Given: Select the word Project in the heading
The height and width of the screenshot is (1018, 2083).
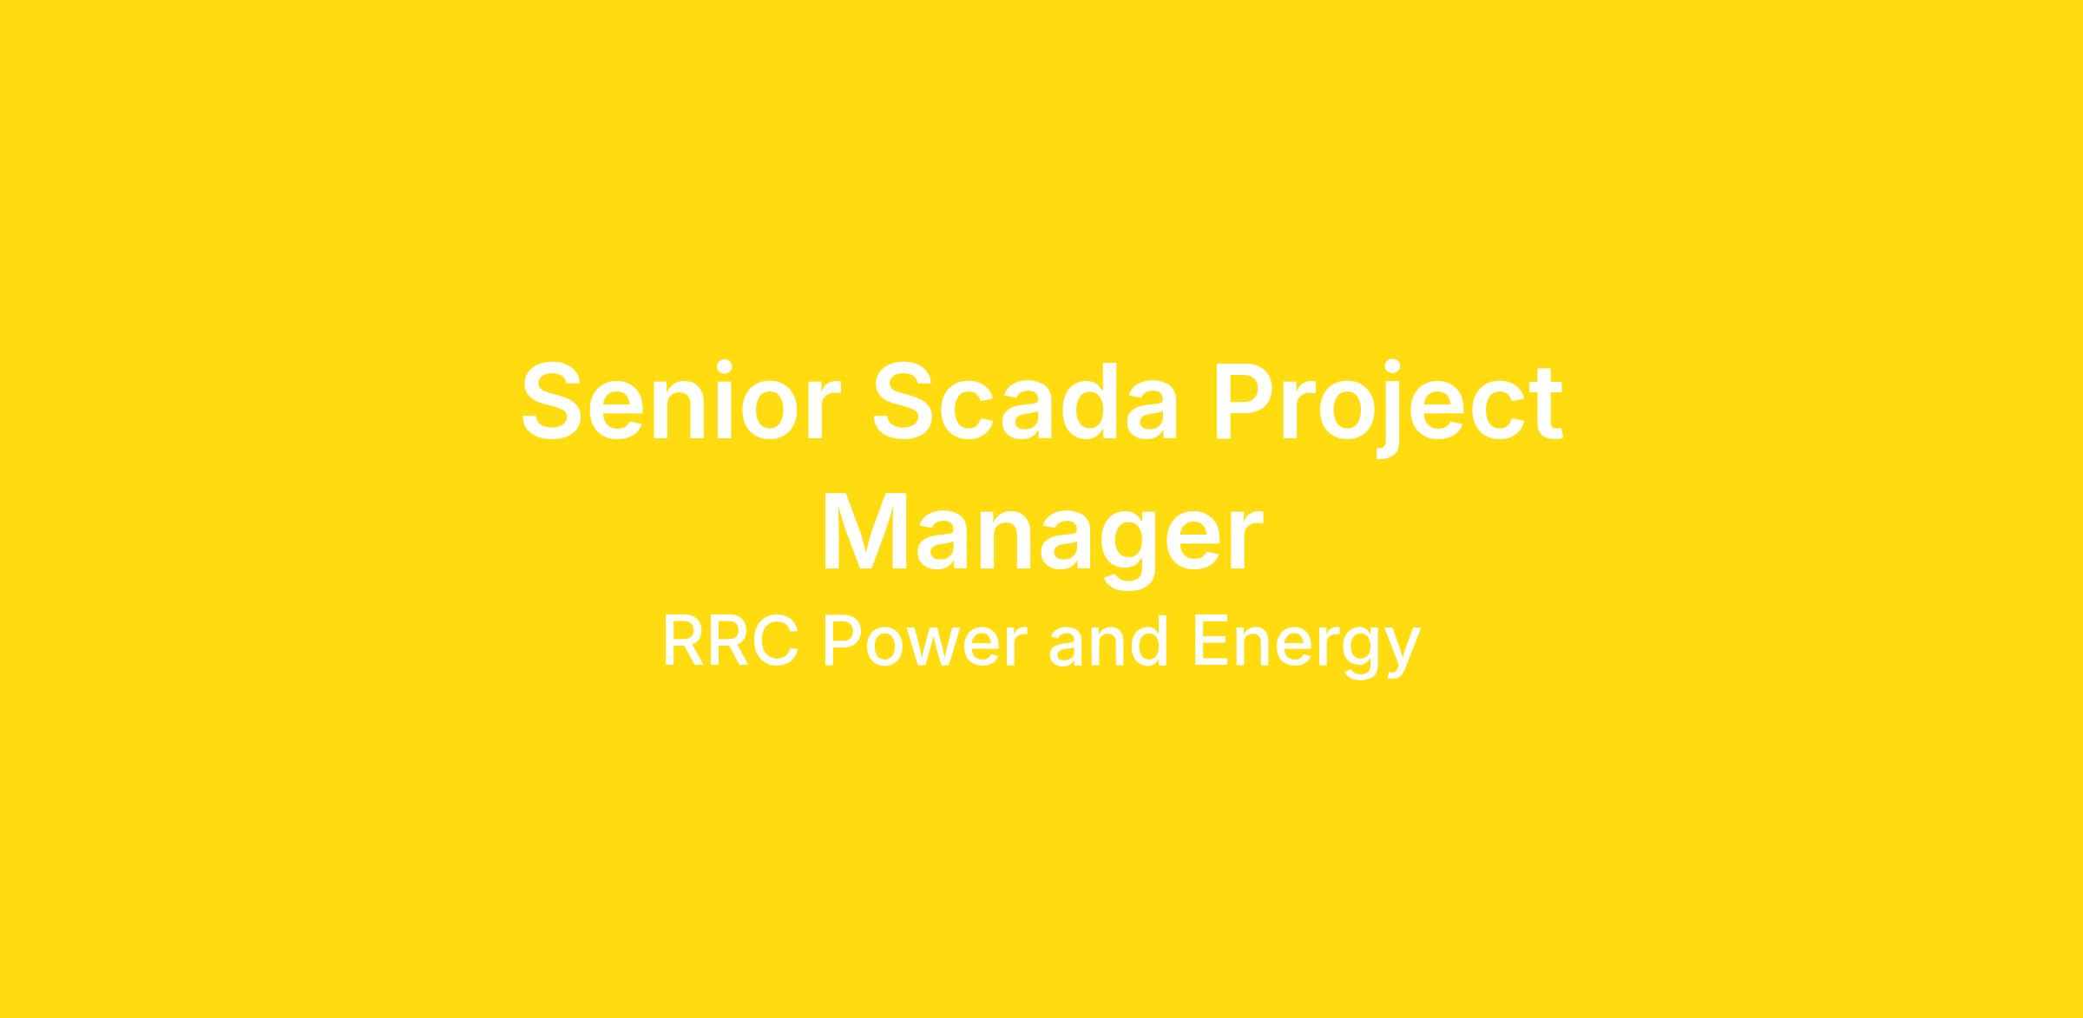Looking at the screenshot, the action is [x=1387, y=408].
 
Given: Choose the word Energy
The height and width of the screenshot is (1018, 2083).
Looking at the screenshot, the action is [x=1307, y=647].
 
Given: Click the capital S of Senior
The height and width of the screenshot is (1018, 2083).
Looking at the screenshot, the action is [x=551, y=402].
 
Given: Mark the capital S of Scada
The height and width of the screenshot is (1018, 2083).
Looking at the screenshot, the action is [x=903, y=402].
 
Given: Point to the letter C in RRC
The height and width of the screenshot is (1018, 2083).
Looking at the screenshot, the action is [x=774, y=641].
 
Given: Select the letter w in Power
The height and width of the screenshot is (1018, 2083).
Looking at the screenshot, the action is [x=940, y=648].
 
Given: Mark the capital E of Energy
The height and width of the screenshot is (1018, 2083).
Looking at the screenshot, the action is [x=1212, y=641].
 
